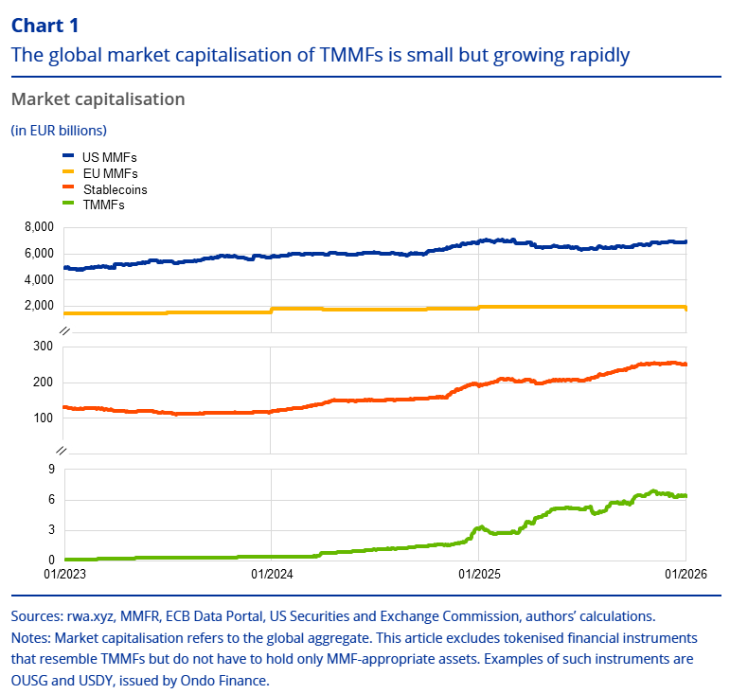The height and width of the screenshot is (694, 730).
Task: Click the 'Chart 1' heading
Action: [x=45, y=26]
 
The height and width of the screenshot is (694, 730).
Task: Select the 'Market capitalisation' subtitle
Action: [x=98, y=99]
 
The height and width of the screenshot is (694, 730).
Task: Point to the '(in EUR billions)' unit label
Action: [x=59, y=130]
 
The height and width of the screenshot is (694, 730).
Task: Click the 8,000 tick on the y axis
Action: [x=37, y=228]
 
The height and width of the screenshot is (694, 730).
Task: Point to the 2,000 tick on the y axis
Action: [x=37, y=306]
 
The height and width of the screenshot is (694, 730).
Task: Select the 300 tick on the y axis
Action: [x=43, y=347]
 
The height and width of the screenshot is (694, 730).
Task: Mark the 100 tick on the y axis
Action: [x=43, y=418]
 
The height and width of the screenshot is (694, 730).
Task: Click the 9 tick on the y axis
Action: [x=51, y=469]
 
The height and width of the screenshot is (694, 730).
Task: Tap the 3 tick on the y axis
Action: [x=51, y=530]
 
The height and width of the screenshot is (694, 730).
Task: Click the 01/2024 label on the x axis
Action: [x=271, y=574]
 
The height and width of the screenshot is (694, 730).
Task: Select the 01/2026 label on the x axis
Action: [x=685, y=574]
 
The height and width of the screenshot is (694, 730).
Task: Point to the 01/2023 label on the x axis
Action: [x=63, y=574]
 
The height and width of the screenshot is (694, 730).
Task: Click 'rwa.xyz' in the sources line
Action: [x=86, y=616]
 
